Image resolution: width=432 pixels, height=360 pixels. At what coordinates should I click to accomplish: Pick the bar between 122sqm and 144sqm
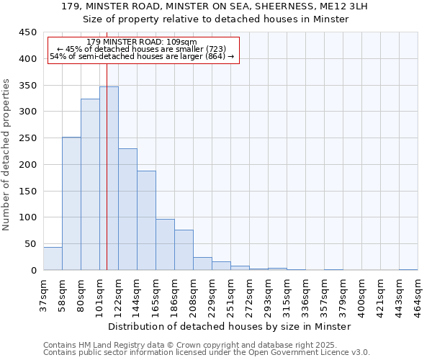coord(127,210)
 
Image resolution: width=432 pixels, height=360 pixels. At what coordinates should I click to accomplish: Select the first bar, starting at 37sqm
coord(53,258)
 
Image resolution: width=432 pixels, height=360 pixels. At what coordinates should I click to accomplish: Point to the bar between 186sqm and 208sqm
coord(184,251)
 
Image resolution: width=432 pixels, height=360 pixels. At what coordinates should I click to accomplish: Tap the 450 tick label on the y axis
coord(27,32)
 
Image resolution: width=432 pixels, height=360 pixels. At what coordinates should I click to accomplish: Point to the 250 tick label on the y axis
coord(27,138)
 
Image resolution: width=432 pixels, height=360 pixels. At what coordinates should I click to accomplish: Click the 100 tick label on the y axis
coord(27,217)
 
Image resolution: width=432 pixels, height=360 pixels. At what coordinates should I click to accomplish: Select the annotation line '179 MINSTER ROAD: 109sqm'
coord(140,42)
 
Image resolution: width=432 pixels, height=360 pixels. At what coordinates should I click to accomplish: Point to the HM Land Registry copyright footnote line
coord(194,346)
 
